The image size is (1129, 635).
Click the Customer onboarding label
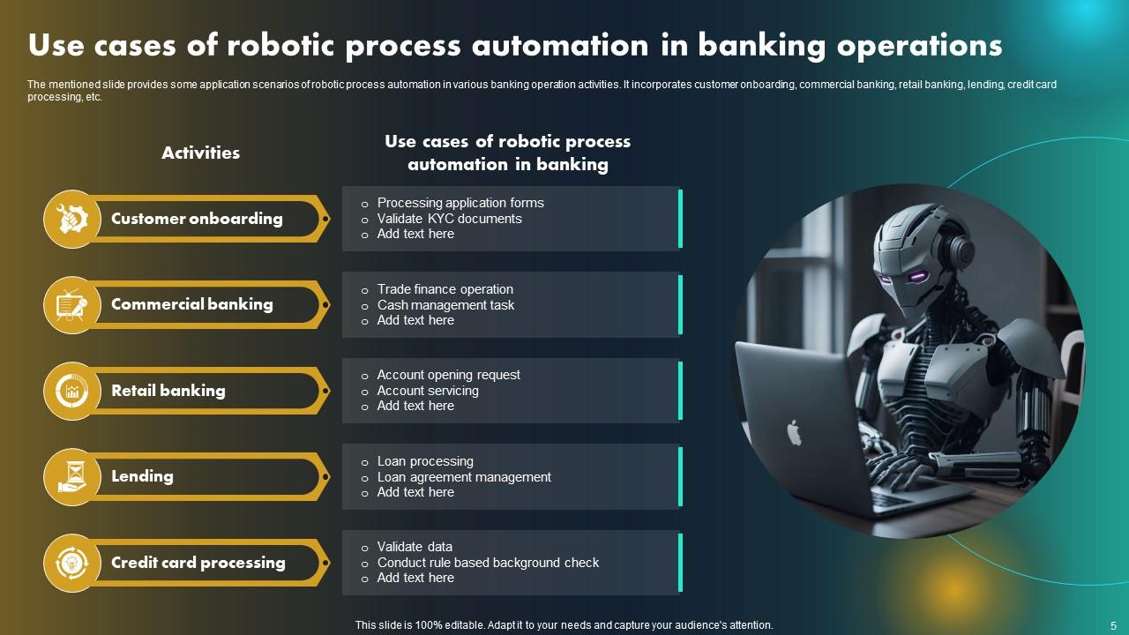click(197, 219)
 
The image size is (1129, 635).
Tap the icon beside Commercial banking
click(71, 305)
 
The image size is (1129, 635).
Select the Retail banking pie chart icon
click(71, 391)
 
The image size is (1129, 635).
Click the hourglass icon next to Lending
click(71, 477)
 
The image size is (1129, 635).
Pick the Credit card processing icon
click(71, 563)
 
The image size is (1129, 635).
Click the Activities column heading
click(200, 153)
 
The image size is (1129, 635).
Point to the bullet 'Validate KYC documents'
click(449, 219)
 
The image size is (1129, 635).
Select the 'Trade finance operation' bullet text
click(445, 289)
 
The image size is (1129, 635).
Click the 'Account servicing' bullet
click(428, 391)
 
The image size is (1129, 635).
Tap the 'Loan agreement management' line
click(464, 477)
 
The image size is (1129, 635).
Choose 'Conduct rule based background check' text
click(488, 563)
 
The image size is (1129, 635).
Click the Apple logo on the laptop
click(794, 432)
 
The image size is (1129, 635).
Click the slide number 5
click(1113, 624)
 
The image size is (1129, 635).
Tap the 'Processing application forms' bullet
click(460, 203)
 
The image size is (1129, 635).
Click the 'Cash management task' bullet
click(445, 305)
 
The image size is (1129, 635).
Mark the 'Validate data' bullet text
click(415, 547)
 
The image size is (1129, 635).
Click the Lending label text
click(142, 476)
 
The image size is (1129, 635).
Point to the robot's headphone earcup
click(960, 252)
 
